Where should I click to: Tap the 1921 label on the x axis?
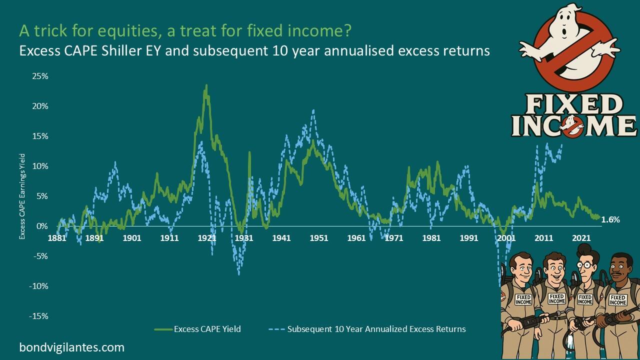(206, 238)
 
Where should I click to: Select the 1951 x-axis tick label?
(319, 238)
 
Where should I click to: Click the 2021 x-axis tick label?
(580, 238)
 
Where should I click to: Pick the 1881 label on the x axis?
(57, 238)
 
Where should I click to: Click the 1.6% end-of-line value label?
(610, 219)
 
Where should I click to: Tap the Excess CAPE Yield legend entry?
(207, 329)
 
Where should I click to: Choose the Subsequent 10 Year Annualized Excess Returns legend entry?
(376, 329)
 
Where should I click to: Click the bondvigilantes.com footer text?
(71, 347)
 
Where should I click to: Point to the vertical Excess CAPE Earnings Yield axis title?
(22, 196)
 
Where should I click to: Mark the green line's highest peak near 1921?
(206, 85)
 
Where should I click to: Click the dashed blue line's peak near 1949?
(313, 110)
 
